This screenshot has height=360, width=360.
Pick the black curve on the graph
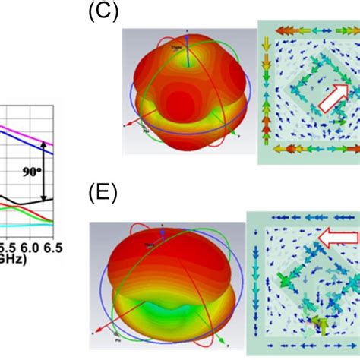pyautogui.click(x=23, y=199)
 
